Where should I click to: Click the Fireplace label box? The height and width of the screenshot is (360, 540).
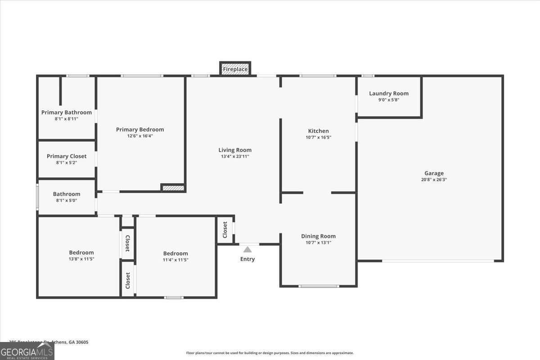[235, 69]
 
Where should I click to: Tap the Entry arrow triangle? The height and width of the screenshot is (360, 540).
[247, 249]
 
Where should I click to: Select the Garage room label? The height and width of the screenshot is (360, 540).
[434, 173]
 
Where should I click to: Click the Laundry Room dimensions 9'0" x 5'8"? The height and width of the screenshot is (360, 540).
[389, 100]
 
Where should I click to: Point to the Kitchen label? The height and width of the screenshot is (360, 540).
[318, 131]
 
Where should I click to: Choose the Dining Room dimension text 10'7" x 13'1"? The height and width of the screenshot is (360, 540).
[318, 243]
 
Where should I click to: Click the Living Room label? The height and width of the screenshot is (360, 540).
[235, 150]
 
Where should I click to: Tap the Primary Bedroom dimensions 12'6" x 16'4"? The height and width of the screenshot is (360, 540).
[140, 136]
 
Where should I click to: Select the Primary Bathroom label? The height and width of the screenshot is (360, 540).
[67, 112]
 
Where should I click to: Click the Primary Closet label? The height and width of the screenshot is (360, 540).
[67, 156]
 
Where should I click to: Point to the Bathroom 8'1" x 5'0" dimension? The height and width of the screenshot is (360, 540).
[67, 200]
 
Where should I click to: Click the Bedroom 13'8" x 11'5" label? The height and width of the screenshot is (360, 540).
[81, 252]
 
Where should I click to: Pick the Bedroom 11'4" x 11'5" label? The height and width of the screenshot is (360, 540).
[175, 253]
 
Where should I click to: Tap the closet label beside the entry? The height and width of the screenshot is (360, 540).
[225, 229]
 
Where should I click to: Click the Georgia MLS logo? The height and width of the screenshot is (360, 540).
[27, 351]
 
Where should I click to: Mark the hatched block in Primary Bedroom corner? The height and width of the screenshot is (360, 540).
[173, 188]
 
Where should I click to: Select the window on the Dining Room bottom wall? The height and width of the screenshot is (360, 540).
[319, 286]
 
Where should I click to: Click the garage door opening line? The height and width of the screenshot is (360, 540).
[437, 261]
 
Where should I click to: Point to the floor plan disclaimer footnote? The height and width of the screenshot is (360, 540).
[270, 353]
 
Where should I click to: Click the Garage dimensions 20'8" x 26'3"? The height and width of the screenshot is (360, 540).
[434, 180]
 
